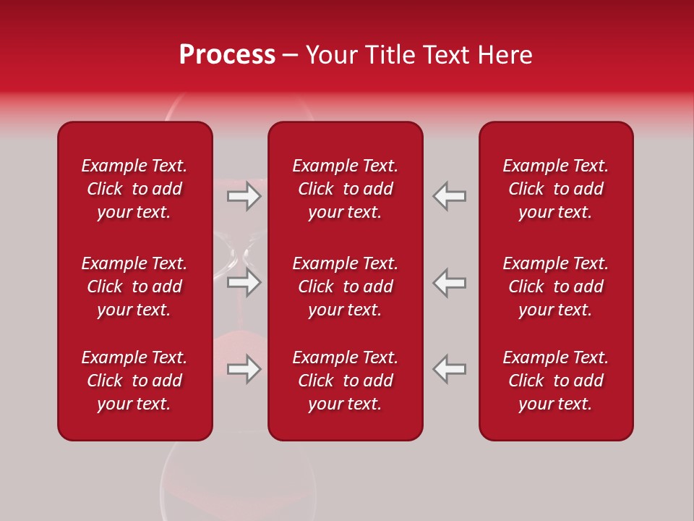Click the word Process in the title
pyautogui.click(x=227, y=55)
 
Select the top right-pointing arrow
pyautogui.click(x=244, y=196)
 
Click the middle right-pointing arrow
pyautogui.click(x=244, y=282)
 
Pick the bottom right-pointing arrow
pyautogui.click(x=244, y=369)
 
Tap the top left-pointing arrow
pyautogui.click(x=450, y=196)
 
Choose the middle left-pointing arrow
pyautogui.click(x=450, y=282)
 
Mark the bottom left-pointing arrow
pyautogui.click(x=450, y=369)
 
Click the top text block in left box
pyautogui.click(x=134, y=189)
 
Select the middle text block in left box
pyautogui.click(x=134, y=287)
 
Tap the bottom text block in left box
pyautogui.click(x=134, y=381)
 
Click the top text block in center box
pyautogui.click(x=346, y=189)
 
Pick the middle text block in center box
pyautogui.click(x=346, y=287)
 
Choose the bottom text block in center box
pyautogui.click(x=346, y=381)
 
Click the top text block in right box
pyautogui.click(x=556, y=189)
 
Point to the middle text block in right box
pyautogui.click(x=556, y=287)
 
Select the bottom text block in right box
pyautogui.click(x=556, y=381)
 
